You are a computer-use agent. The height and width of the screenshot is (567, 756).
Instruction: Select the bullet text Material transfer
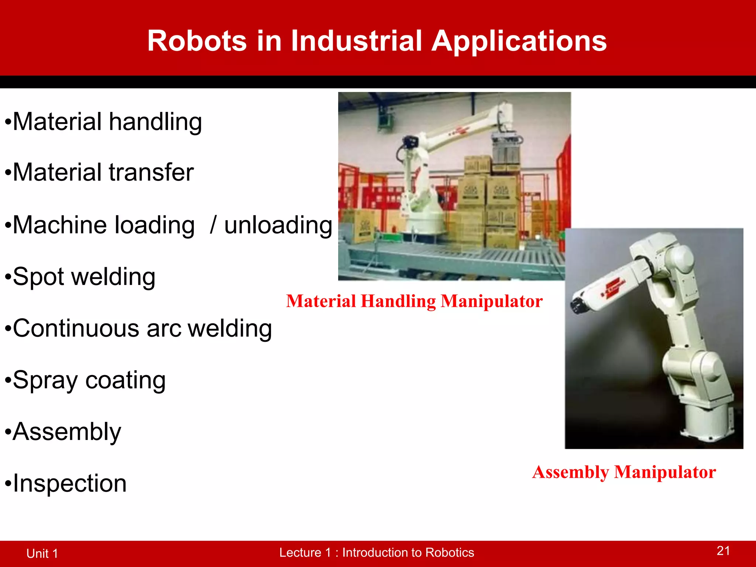pyautogui.click(x=103, y=172)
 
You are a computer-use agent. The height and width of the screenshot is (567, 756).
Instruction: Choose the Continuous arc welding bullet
pyautogui.click(x=142, y=329)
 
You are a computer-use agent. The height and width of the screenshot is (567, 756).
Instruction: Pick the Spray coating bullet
pyautogui.click(x=89, y=380)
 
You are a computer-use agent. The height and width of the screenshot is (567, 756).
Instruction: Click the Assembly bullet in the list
pyautogui.click(x=67, y=432)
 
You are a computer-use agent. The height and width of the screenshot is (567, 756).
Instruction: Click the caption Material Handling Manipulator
pyautogui.click(x=414, y=301)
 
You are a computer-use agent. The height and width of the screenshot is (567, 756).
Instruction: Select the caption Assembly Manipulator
pyautogui.click(x=624, y=472)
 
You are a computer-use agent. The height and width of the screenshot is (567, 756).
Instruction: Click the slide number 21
pyautogui.click(x=723, y=551)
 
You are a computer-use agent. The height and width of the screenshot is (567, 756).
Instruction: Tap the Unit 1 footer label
pyautogui.click(x=42, y=553)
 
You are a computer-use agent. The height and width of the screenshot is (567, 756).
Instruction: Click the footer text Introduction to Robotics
pyautogui.click(x=408, y=553)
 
